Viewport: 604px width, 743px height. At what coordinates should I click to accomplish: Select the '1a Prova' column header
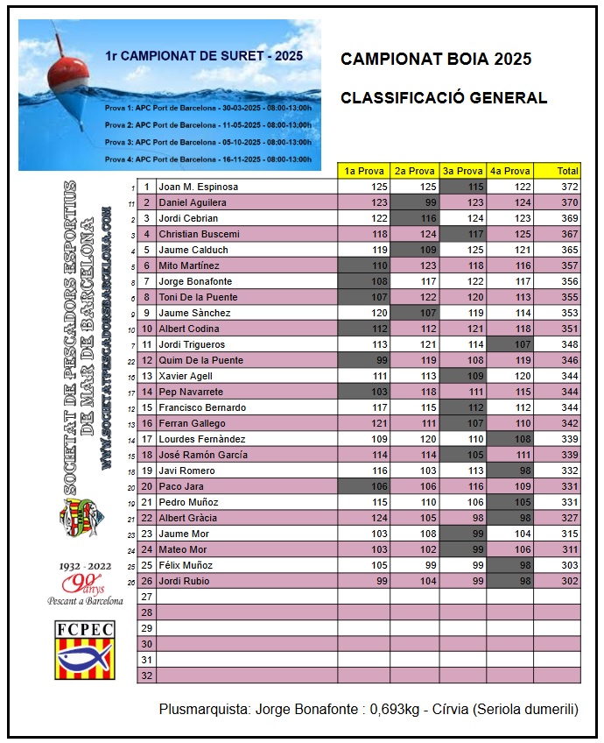363,171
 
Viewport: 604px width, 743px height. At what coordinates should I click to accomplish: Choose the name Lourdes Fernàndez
201,439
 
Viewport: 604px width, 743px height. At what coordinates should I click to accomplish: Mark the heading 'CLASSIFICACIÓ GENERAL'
444,98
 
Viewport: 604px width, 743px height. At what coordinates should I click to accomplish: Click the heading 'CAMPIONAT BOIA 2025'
436,60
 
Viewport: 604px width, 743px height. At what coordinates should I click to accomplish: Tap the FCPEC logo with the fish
85,650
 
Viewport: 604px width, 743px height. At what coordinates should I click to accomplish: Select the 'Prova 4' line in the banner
207,159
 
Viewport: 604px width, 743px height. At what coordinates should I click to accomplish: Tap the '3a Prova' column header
462,171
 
